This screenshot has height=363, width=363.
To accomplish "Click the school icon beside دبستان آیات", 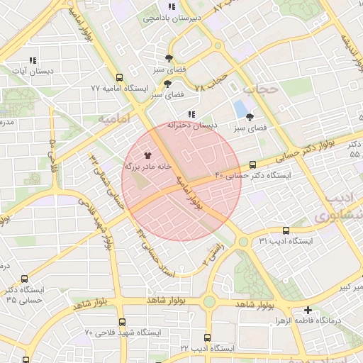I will coord(32,61).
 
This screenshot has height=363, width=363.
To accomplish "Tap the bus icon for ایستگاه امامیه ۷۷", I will coord(118,77).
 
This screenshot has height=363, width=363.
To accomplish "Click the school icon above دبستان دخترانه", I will coord(191,114).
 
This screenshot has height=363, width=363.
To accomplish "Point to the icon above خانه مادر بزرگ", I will coord(147,155).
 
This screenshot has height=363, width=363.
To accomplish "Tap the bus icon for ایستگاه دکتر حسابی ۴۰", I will coord(253,164).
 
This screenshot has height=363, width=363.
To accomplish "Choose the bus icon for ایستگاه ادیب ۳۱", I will coord(286,230).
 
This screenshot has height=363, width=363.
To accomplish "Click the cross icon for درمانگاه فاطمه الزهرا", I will coord(308,310).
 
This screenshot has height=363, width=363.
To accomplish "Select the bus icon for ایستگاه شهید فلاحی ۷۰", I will coord(122,322).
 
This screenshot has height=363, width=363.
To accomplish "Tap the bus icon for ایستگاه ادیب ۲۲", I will coord(207,338).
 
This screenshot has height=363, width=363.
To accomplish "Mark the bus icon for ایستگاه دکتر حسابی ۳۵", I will coord(25,279).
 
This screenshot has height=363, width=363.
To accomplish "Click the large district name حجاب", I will coord(259,89).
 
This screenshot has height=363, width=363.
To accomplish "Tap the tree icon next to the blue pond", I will coord(250,116).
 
